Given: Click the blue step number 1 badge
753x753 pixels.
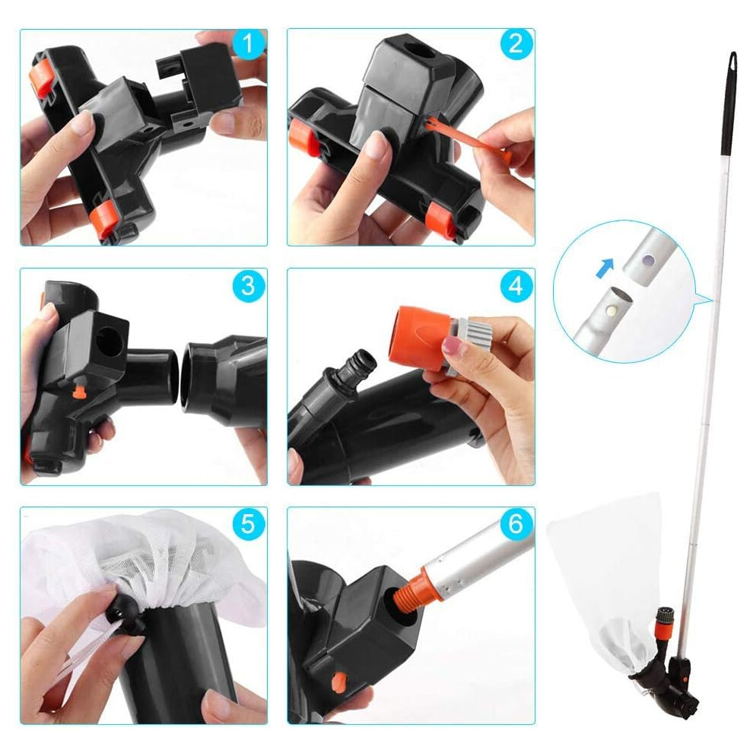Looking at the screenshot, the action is click(x=248, y=44).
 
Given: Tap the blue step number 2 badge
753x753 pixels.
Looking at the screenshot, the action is click(x=516, y=44).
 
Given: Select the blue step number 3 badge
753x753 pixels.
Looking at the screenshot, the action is click(x=248, y=286).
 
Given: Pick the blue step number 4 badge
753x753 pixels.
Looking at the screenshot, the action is click(x=516, y=286).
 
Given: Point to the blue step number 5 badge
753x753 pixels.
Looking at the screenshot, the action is click(x=248, y=524).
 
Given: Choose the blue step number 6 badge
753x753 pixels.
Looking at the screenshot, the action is click(x=516, y=524).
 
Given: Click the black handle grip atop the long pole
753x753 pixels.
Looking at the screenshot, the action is click(x=729, y=103).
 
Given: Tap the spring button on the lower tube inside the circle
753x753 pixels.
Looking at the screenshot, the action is click(x=612, y=310).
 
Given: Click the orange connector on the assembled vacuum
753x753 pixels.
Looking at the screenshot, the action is click(x=664, y=627).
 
